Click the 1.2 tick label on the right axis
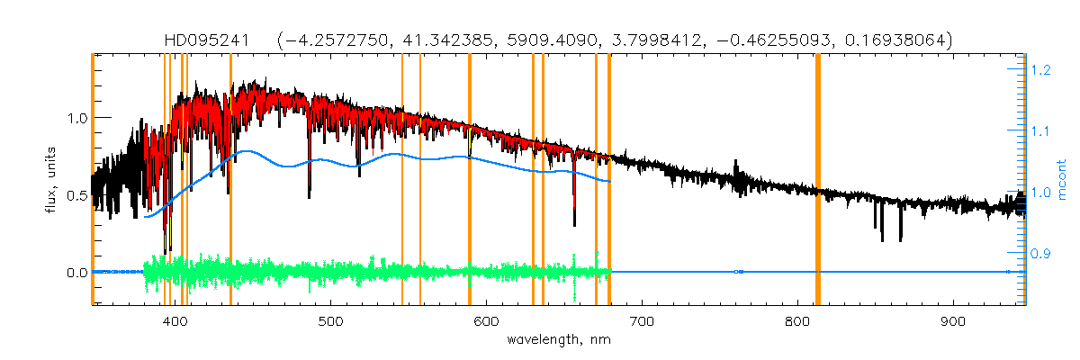[1040, 69]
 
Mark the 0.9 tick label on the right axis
[1040, 254]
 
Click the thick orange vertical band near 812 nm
[818, 180]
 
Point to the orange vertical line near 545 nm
[401, 180]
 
